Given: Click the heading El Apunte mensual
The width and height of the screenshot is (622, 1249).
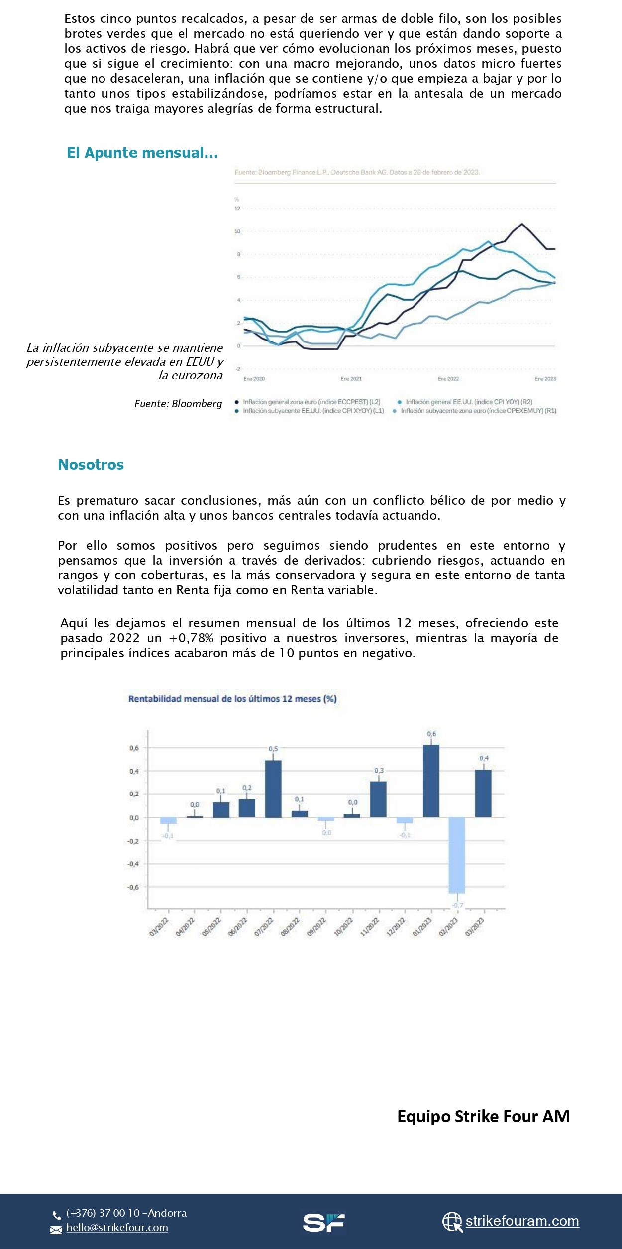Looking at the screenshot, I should pos(142,153).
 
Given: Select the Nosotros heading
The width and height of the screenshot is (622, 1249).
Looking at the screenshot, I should pos(91,465).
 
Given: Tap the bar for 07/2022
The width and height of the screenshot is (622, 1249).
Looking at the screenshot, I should pos(273,789).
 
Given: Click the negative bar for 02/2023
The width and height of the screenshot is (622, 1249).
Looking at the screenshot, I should pos(457,855).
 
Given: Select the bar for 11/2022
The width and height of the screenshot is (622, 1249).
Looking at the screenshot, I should pos(378,799).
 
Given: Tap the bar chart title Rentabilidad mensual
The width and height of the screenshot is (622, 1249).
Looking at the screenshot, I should pos(232,699).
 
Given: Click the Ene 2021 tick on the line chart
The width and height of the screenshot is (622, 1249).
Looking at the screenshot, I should pos(351,379).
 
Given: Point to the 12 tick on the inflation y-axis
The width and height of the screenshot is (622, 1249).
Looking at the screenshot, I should pos(237,209).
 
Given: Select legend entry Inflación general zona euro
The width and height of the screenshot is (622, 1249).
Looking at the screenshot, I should pos(311,402).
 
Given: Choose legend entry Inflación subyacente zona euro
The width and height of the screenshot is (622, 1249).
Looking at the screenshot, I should pos(478,411).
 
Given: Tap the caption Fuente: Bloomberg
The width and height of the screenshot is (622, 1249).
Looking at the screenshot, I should pos(178,404).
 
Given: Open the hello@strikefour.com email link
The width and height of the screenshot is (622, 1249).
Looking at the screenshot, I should pos(117,1228).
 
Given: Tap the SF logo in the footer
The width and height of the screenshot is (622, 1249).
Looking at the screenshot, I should pos(324,1222).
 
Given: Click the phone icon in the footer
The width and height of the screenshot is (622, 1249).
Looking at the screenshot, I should pos(57,1215).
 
